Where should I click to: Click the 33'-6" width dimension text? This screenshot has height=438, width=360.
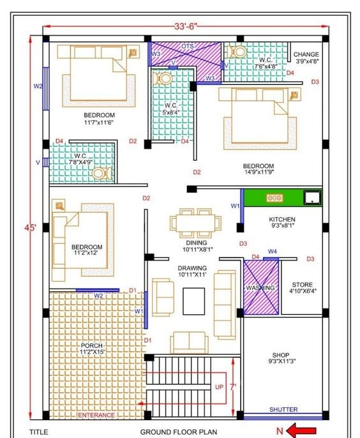(186, 26)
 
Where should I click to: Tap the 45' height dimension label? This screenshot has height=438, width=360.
(30, 228)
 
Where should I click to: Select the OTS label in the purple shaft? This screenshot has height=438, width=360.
(188, 46)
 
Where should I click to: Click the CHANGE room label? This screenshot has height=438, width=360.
(306, 54)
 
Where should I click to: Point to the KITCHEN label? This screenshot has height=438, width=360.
(282, 219)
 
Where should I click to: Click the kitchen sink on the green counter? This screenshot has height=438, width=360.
(313, 197)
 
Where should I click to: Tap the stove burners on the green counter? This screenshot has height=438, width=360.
(275, 198)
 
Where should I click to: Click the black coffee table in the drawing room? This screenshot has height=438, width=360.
(194, 301)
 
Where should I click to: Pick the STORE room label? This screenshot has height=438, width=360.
(302, 285)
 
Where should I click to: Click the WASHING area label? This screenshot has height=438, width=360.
(260, 288)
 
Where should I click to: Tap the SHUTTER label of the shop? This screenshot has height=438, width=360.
(283, 409)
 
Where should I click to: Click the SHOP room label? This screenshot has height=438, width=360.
(281, 355)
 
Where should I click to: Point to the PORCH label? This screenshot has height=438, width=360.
(92, 345)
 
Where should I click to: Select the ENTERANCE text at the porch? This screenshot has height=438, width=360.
(96, 416)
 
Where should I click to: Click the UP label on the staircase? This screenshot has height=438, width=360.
(219, 387)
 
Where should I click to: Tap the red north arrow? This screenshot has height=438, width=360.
(301, 431)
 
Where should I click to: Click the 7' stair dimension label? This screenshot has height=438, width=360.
(232, 387)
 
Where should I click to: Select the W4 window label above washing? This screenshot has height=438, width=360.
(273, 252)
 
